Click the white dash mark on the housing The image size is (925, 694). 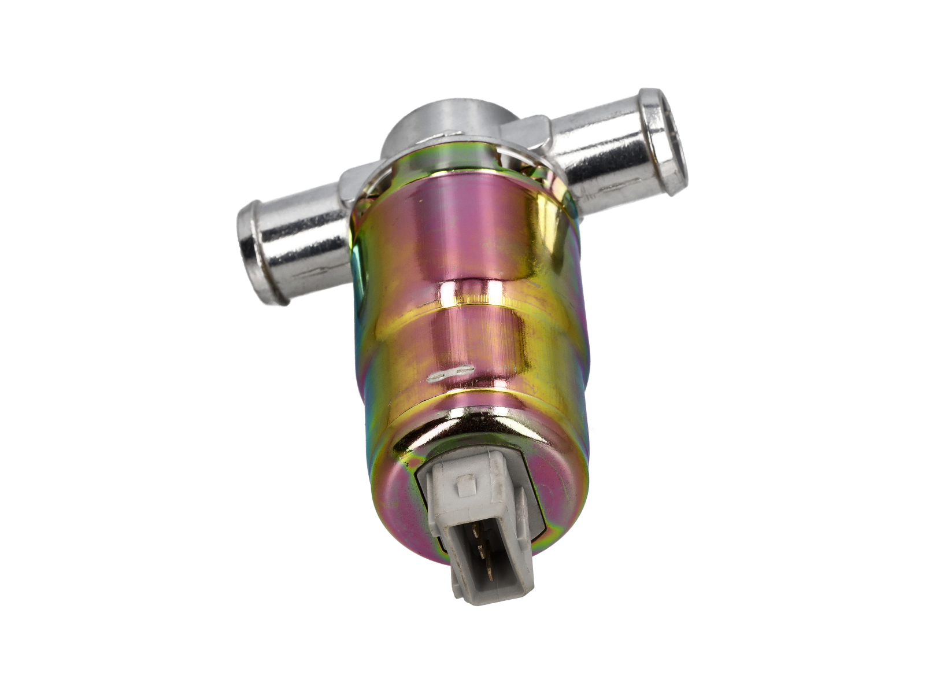click(x=451, y=375)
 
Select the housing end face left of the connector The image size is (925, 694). click(x=399, y=492)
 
